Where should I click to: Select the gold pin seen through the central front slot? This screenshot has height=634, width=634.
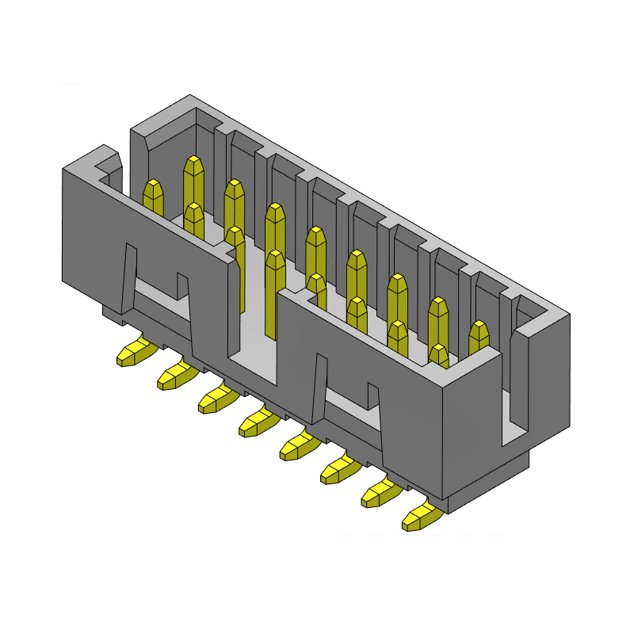coord(275,293)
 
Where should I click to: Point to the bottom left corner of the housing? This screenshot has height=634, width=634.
coord(65,280)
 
